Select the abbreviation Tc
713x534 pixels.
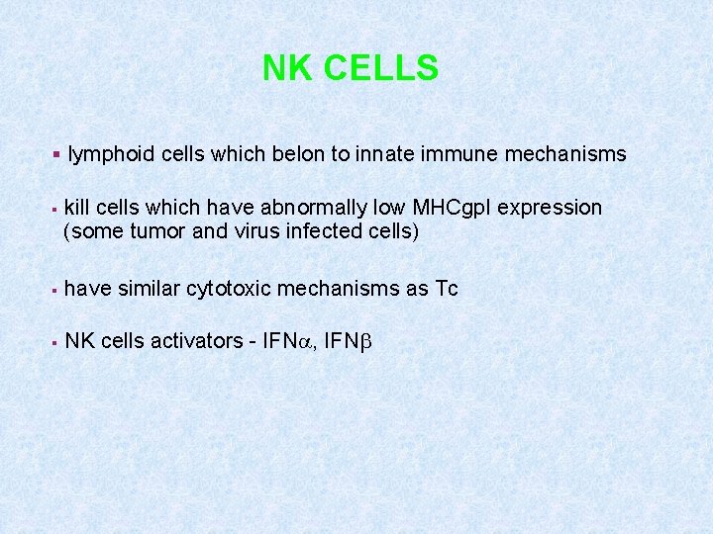[x=446, y=289]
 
